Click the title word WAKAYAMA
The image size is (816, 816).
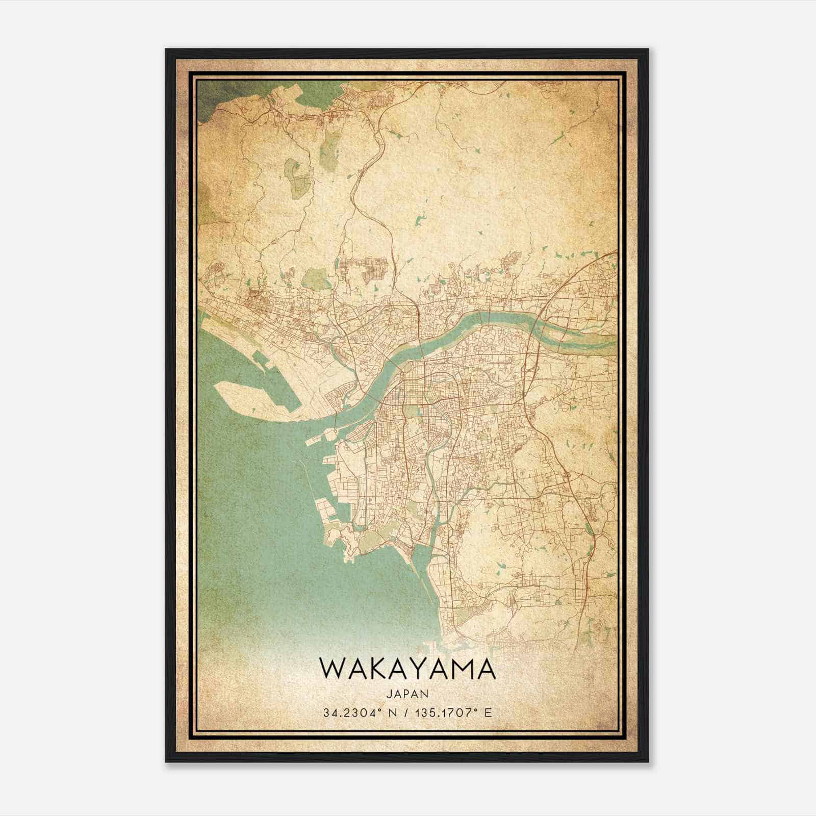pyautogui.click(x=407, y=669)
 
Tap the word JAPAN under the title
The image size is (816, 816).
pyautogui.click(x=407, y=694)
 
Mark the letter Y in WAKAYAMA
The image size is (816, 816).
pyautogui.click(x=422, y=669)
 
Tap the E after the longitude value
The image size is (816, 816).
pyautogui.click(x=489, y=712)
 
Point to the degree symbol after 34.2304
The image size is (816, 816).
pyautogui.click(x=376, y=710)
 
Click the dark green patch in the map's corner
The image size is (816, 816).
pyautogui.click(x=209, y=97)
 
